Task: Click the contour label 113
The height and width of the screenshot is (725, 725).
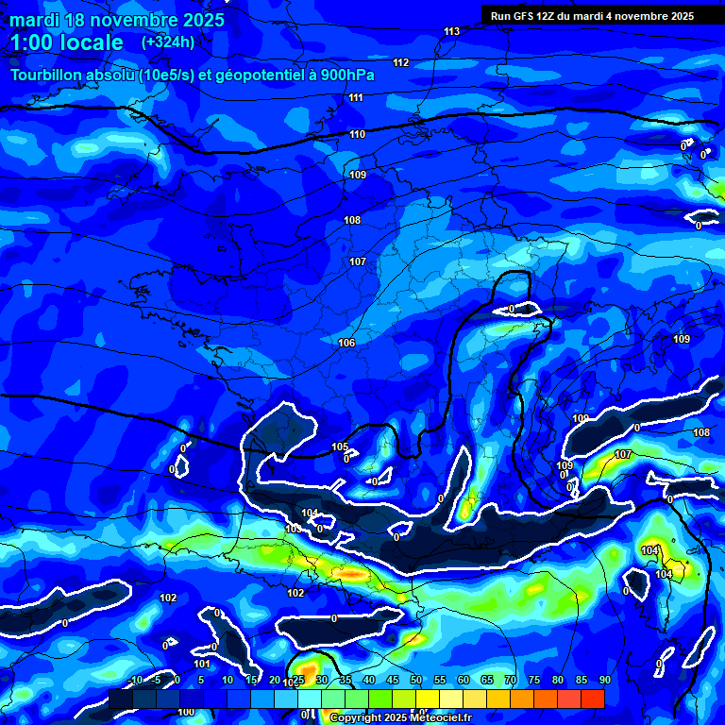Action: point(452,32)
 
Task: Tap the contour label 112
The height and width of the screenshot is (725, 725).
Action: point(401,63)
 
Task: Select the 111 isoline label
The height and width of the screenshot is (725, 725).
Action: point(356,98)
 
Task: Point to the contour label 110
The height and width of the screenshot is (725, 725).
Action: point(358,135)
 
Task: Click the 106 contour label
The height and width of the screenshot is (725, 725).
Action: point(346,343)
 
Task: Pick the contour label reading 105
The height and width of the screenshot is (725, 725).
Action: point(340,447)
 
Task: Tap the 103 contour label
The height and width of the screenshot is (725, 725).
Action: point(294,530)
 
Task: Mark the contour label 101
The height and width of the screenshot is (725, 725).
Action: point(202,664)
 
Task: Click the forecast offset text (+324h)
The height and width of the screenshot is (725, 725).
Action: point(167,42)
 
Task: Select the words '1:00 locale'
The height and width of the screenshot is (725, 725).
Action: point(67,42)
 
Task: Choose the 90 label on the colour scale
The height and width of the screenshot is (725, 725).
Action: point(604,680)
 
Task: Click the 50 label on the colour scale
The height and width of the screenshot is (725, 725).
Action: point(416,680)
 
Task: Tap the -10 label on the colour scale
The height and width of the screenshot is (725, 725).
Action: point(135,680)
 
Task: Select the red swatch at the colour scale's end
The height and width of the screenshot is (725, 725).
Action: point(592,699)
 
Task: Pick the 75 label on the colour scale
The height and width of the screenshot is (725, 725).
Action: point(534,680)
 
